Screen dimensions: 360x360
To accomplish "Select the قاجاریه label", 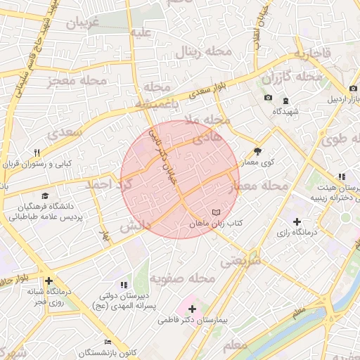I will point(312,54).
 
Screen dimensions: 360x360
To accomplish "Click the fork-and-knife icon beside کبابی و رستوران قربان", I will point(37,152).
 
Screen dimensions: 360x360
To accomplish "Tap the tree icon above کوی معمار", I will point(257,150).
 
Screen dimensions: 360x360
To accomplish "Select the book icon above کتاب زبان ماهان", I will point(216,212).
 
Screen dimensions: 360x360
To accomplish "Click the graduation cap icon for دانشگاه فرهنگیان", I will point(46,196).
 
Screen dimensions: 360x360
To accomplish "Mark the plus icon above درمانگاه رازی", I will point(297,221).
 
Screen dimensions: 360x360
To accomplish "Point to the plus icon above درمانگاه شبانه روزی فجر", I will point(48,281).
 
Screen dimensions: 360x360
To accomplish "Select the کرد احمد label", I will point(108,184).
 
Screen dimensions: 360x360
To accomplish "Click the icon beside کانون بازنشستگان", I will point(107,342).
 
